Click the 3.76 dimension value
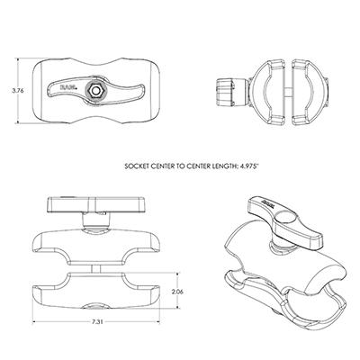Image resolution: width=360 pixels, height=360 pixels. click(x=18, y=91)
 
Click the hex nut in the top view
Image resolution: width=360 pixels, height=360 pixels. click(x=95, y=90)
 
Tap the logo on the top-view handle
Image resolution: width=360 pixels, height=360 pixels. click(x=67, y=87)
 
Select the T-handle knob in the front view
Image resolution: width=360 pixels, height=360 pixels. click(x=95, y=205)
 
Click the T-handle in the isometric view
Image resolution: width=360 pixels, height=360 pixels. click(x=285, y=222)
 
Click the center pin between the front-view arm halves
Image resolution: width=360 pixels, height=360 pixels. click(x=95, y=268)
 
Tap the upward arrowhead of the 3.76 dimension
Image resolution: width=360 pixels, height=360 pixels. click(x=18, y=60)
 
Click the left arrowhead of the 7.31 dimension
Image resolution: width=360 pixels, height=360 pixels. click(x=34, y=322)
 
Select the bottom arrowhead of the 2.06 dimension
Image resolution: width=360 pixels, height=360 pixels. click(x=178, y=306)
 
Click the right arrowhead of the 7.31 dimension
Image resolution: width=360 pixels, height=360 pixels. click(x=157, y=322)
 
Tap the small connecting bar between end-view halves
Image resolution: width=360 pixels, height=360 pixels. click(x=288, y=91)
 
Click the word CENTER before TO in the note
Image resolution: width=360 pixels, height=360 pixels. click(x=160, y=166)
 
